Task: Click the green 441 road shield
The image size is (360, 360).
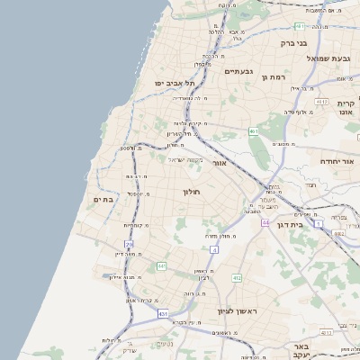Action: click(161, 266)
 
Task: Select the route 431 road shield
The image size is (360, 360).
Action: click(163, 313)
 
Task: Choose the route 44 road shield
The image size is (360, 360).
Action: click(265, 221)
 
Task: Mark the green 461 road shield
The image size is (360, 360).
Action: click(255, 131)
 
